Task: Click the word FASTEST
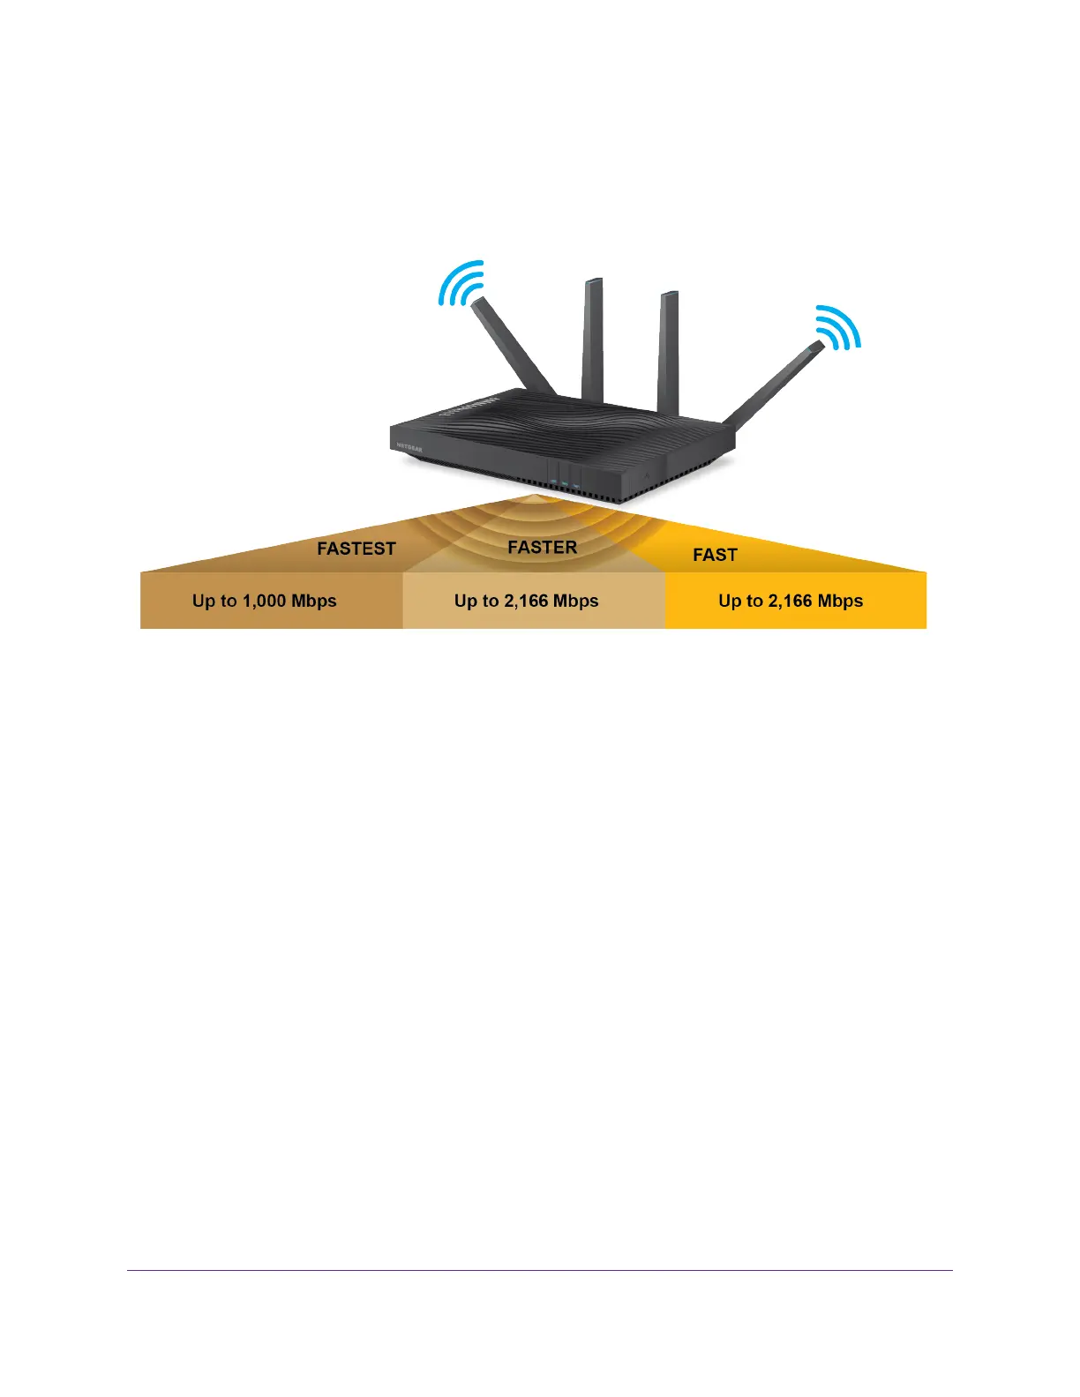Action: [356, 549]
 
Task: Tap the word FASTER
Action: [542, 548]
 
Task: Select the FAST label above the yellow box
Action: [715, 555]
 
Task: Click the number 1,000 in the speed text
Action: [264, 601]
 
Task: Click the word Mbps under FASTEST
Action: [314, 601]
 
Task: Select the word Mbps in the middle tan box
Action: [575, 601]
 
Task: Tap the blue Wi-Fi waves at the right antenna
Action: [837, 327]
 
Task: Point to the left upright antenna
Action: [592, 340]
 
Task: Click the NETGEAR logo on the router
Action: [409, 447]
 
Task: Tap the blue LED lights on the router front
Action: [565, 482]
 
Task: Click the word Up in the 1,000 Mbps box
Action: [203, 601]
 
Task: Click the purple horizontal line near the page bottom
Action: [540, 1271]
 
